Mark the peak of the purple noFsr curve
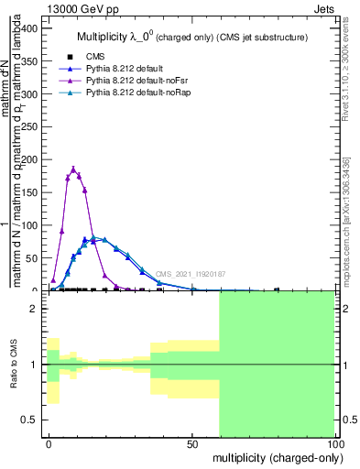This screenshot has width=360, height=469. click(73, 169)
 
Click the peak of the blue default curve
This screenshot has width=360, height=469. click(95, 238)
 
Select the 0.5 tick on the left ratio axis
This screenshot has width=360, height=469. click(28, 420)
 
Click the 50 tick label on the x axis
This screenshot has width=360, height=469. click(192, 442)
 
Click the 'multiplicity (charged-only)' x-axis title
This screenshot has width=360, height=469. click(273, 456)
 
